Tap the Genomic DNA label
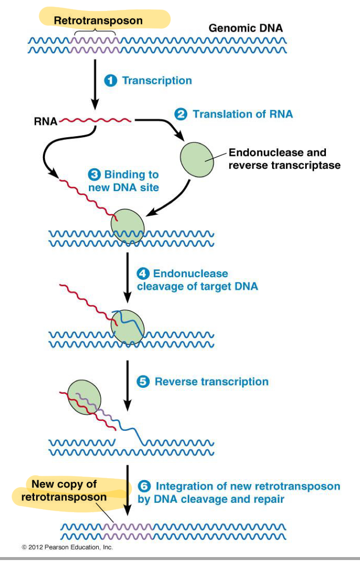pos(245,28)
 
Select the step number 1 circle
pos(110,80)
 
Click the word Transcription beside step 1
pos(157,80)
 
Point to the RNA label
pos(45,120)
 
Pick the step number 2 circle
pos(181,114)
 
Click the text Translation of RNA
pos(242,114)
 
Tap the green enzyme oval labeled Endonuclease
pos(197,158)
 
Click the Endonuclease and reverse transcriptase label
pos(284,159)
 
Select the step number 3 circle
pos(94,175)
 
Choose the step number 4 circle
pos(143,274)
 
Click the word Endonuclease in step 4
pos(190,274)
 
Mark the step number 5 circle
pos(143,382)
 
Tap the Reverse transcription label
pos(211,382)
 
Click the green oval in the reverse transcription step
pos(84,398)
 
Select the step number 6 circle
pos(144,487)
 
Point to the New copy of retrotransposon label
pos(64,490)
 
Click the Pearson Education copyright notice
pos(67,547)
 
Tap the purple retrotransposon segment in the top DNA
pos(95,44)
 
